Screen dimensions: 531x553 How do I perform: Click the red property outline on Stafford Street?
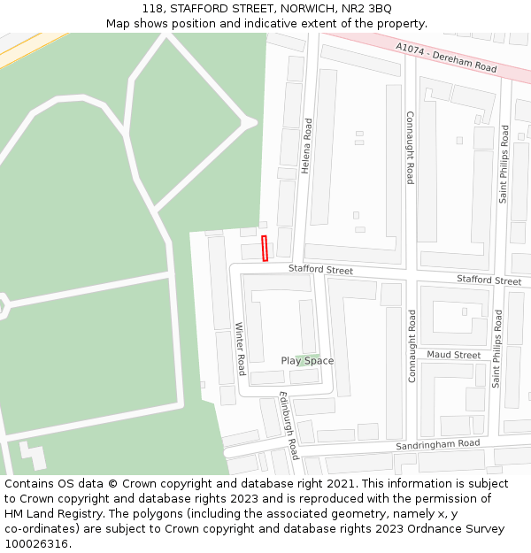(265, 249)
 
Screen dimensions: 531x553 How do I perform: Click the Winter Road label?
(240, 348)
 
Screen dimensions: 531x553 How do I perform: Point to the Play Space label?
(307, 360)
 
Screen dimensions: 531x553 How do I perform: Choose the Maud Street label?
(454, 355)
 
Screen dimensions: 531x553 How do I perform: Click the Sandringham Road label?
(438, 444)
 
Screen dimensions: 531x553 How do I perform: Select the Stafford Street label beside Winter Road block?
(320, 269)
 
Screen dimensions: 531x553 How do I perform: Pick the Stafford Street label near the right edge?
(489, 280)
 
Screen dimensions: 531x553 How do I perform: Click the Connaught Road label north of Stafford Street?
(410, 147)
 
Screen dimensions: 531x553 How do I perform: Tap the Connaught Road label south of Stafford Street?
(412, 345)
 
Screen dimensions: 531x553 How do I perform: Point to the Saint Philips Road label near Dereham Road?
(504, 164)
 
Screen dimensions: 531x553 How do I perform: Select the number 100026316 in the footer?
(36, 544)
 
